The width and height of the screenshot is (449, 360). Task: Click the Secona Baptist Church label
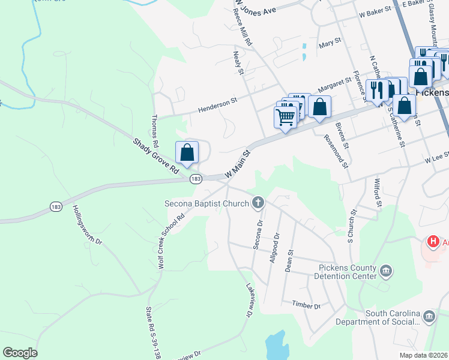click(x=206, y=203)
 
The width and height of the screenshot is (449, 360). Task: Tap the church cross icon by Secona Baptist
click(x=259, y=203)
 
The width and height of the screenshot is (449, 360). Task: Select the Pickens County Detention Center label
click(x=339, y=271)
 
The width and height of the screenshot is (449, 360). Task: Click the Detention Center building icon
click(x=386, y=272)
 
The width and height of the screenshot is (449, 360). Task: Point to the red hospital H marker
click(x=432, y=242)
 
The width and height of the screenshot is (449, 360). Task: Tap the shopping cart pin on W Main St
click(x=285, y=115)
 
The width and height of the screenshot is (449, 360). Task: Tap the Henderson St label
click(x=218, y=106)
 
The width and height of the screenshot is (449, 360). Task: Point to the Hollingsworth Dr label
click(x=88, y=227)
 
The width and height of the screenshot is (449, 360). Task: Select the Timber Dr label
click(x=307, y=305)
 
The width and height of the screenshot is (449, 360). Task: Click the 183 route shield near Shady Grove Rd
click(x=195, y=179)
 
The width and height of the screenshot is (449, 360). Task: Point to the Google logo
click(x=20, y=353)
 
